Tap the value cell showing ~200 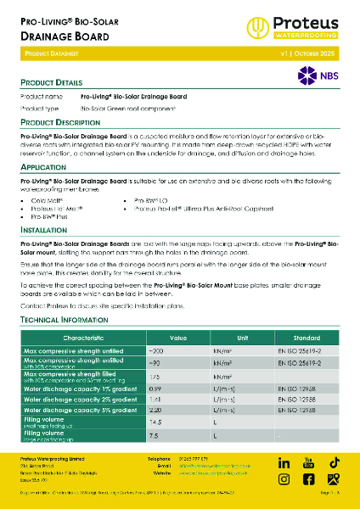coord(155,350)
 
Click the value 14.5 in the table coord(155,422)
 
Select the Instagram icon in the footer coord(284,481)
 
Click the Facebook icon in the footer coord(309,481)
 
